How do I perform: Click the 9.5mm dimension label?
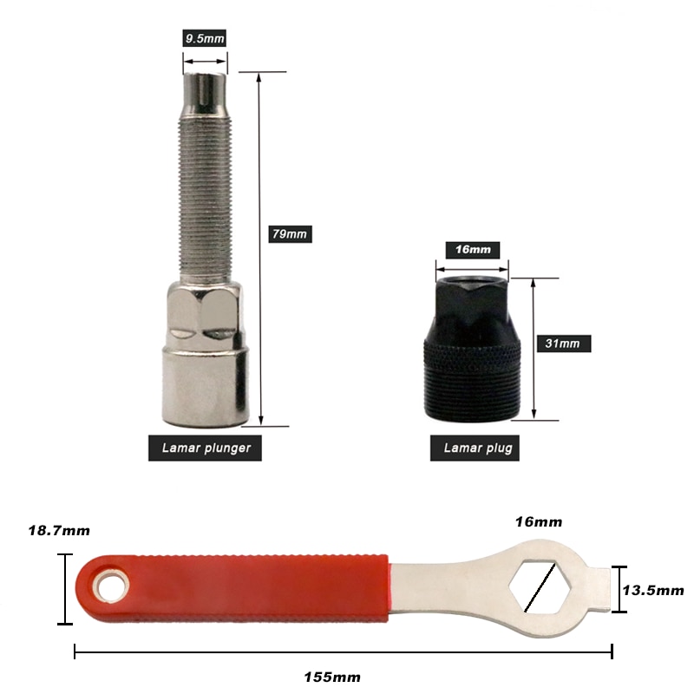pos(205,38)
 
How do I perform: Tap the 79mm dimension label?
pos(290,233)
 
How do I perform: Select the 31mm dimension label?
pos(563,344)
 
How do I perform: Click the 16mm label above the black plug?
pos(473,250)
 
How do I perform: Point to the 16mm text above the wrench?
pos(539,522)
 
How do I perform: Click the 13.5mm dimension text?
pos(653,590)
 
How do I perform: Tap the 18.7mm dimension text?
pos(59,530)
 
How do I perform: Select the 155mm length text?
pos(332,677)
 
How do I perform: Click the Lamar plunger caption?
pos(205,448)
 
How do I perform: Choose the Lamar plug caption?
pos(475,448)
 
